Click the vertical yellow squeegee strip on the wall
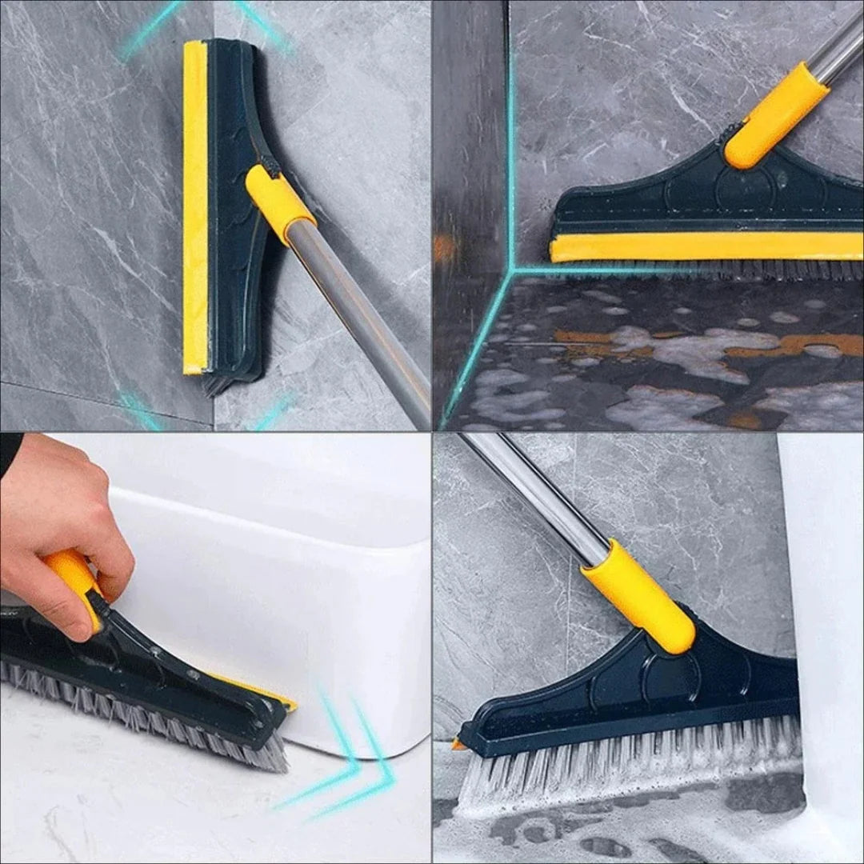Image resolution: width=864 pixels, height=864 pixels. coord(194,208)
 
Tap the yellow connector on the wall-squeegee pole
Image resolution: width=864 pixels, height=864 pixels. coord(279,203)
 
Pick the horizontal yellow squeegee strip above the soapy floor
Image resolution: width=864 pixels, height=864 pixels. coord(704,246)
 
